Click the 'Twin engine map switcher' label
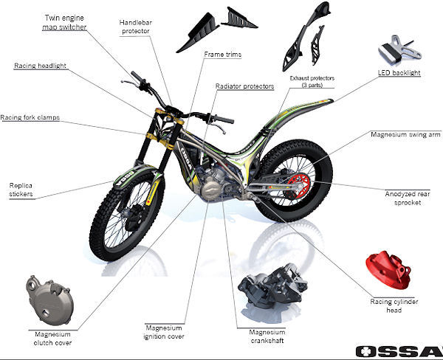64,22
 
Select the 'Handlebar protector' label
136,27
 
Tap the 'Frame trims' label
223,54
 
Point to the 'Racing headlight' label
40,66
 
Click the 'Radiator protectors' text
244,86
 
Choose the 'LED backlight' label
399,72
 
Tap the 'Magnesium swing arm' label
405,134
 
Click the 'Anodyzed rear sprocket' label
408,198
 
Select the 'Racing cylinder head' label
394,306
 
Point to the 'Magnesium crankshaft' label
267,336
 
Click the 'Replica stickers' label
21,190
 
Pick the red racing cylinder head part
388,270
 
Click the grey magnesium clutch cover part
50,301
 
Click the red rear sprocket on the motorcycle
299,186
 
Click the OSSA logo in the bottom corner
399,351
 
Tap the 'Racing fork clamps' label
30,117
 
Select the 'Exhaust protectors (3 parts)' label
312,81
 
